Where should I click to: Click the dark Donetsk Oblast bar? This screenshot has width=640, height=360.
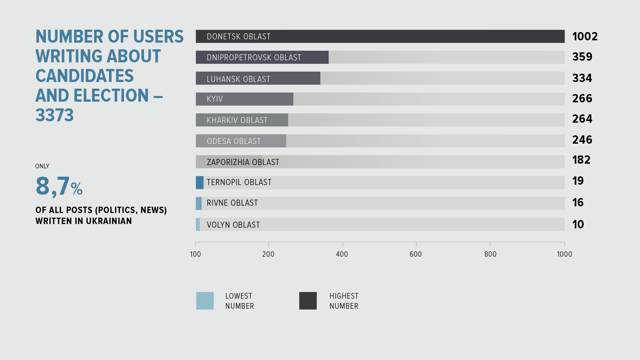tap(380, 36)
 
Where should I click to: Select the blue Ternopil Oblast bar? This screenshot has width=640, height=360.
tap(200, 183)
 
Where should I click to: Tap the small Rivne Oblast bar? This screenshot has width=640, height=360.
tap(199, 203)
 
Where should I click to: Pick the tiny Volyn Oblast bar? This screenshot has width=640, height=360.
tap(198, 224)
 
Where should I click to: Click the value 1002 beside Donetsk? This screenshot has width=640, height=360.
tap(585, 36)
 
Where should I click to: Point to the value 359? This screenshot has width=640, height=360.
tap(582, 57)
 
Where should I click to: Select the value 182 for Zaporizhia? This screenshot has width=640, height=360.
tap(581, 160)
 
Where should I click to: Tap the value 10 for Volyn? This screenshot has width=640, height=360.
tap(578, 224)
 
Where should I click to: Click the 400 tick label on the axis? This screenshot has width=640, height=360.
tap(342, 254)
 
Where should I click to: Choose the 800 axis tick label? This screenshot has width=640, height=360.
tap(490, 254)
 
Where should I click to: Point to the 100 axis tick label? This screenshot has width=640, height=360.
tap(195, 254)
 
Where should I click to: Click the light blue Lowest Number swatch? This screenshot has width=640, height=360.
tap(205, 301)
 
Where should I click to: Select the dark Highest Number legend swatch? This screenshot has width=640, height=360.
tap(308, 301)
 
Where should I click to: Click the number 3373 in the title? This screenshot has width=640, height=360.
tap(55, 115)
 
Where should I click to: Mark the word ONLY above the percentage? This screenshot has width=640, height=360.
tap(42, 166)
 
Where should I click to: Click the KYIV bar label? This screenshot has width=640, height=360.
tap(215, 99)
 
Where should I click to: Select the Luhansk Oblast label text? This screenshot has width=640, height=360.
tap(238, 79)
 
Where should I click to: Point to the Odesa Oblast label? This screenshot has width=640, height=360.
tap(234, 141)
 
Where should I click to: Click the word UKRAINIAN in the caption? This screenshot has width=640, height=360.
tap(109, 221)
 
